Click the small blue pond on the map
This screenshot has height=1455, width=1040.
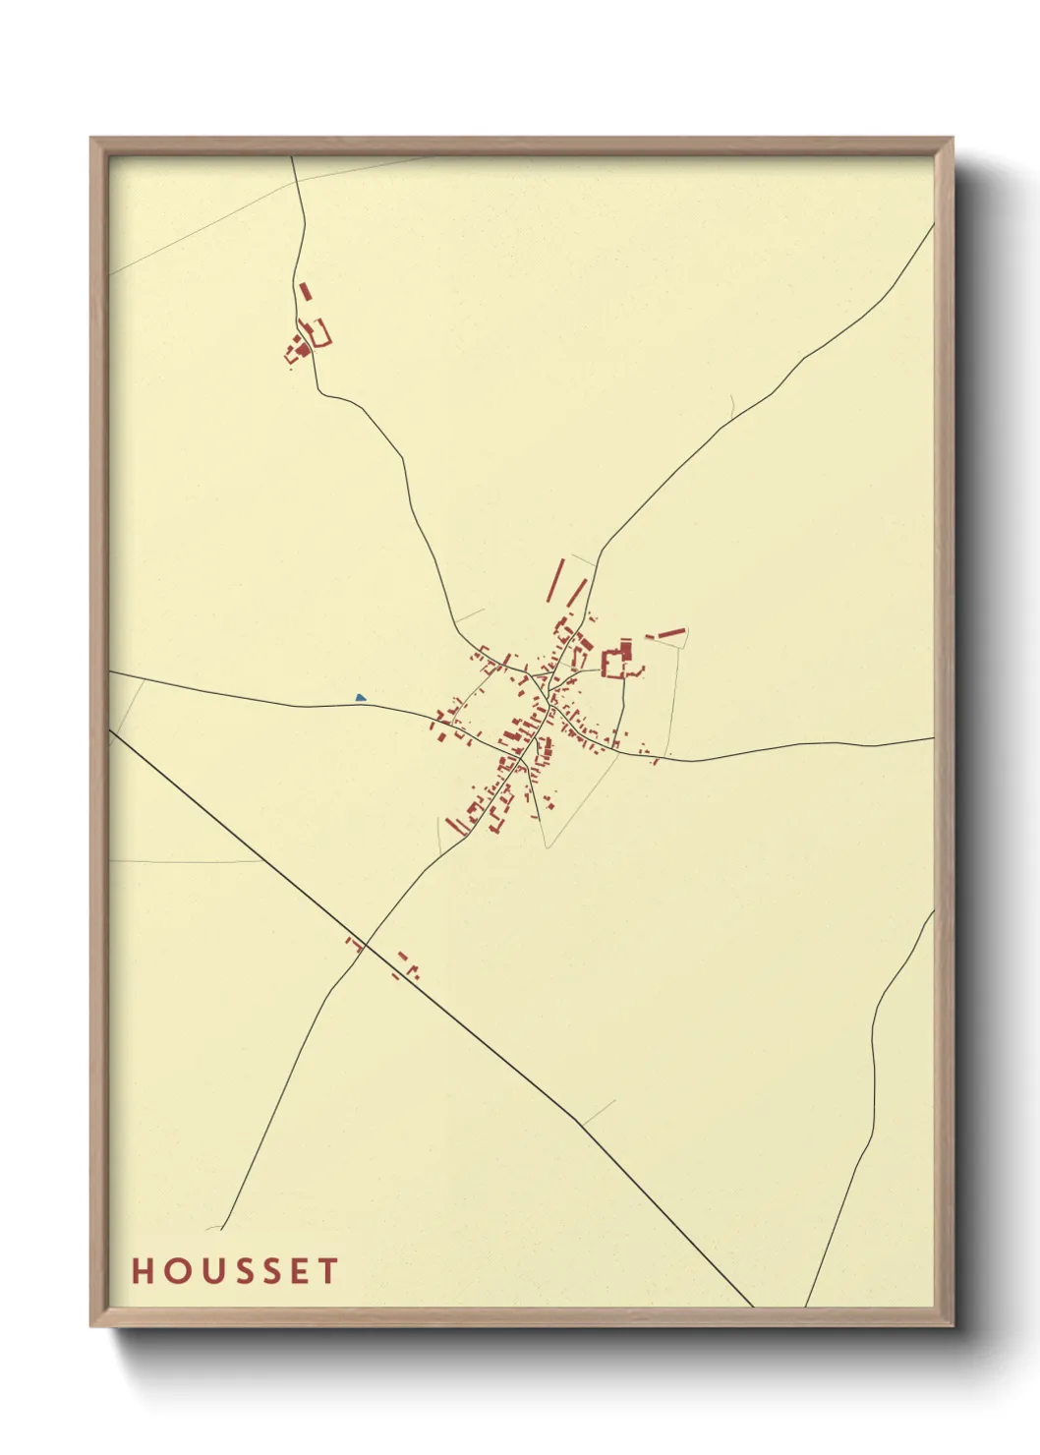[x=361, y=698]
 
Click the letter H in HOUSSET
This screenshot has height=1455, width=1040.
[x=143, y=1271]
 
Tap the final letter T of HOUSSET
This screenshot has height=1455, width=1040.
[x=327, y=1271]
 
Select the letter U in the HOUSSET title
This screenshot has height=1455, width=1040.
[x=204, y=1271]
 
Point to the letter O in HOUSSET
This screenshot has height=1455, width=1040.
[x=173, y=1271]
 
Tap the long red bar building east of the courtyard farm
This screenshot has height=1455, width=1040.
[x=670, y=633]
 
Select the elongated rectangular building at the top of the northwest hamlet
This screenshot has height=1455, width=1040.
[x=305, y=292]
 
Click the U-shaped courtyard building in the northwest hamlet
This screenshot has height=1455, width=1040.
[x=318, y=332]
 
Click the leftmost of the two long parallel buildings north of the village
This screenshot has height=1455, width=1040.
[x=555, y=580]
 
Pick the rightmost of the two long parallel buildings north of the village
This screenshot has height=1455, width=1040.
[x=576, y=593]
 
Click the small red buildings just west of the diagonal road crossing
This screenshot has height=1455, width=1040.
[x=351, y=943]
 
